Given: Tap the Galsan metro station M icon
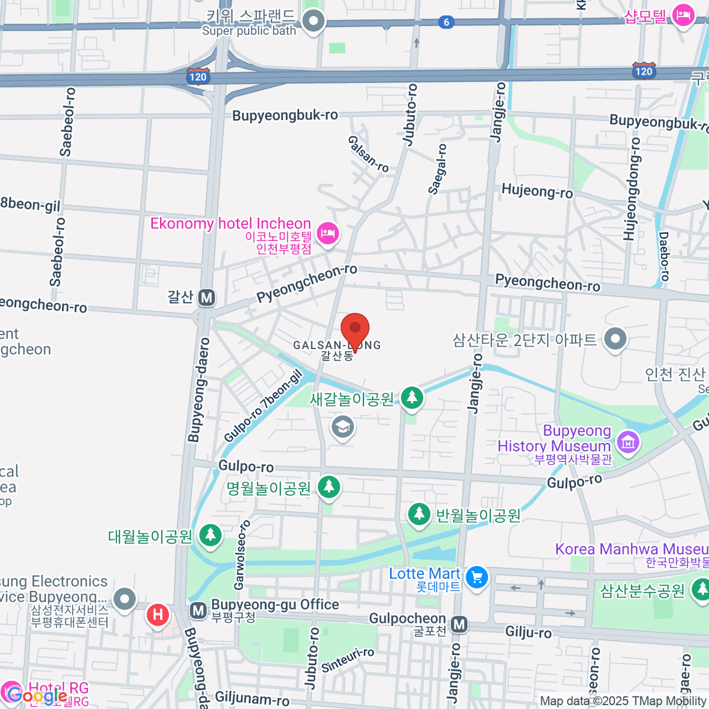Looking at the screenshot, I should tap(206, 297).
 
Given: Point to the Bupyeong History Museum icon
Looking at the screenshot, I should tap(627, 441).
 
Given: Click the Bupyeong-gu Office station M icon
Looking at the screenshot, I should tap(199, 610).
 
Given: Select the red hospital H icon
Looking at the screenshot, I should tap(158, 614).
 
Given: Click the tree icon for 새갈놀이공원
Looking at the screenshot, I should tap(412, 398).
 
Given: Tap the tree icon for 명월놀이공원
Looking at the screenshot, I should tap(329, 487).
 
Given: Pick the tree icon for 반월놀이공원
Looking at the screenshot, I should tap(419, 513).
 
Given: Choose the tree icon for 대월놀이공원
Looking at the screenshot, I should tap(210, 535).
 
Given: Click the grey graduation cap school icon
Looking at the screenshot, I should tap(343, 427).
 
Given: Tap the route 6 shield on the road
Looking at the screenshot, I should tap(446, 22).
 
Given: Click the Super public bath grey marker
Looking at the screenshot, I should tap(314, 21).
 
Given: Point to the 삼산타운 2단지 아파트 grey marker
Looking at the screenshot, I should tap(616, 339).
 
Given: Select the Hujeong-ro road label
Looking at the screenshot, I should tap(536, 191).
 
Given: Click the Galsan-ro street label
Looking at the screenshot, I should tap(368, 154).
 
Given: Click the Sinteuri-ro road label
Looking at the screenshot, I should tap(347, 659).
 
